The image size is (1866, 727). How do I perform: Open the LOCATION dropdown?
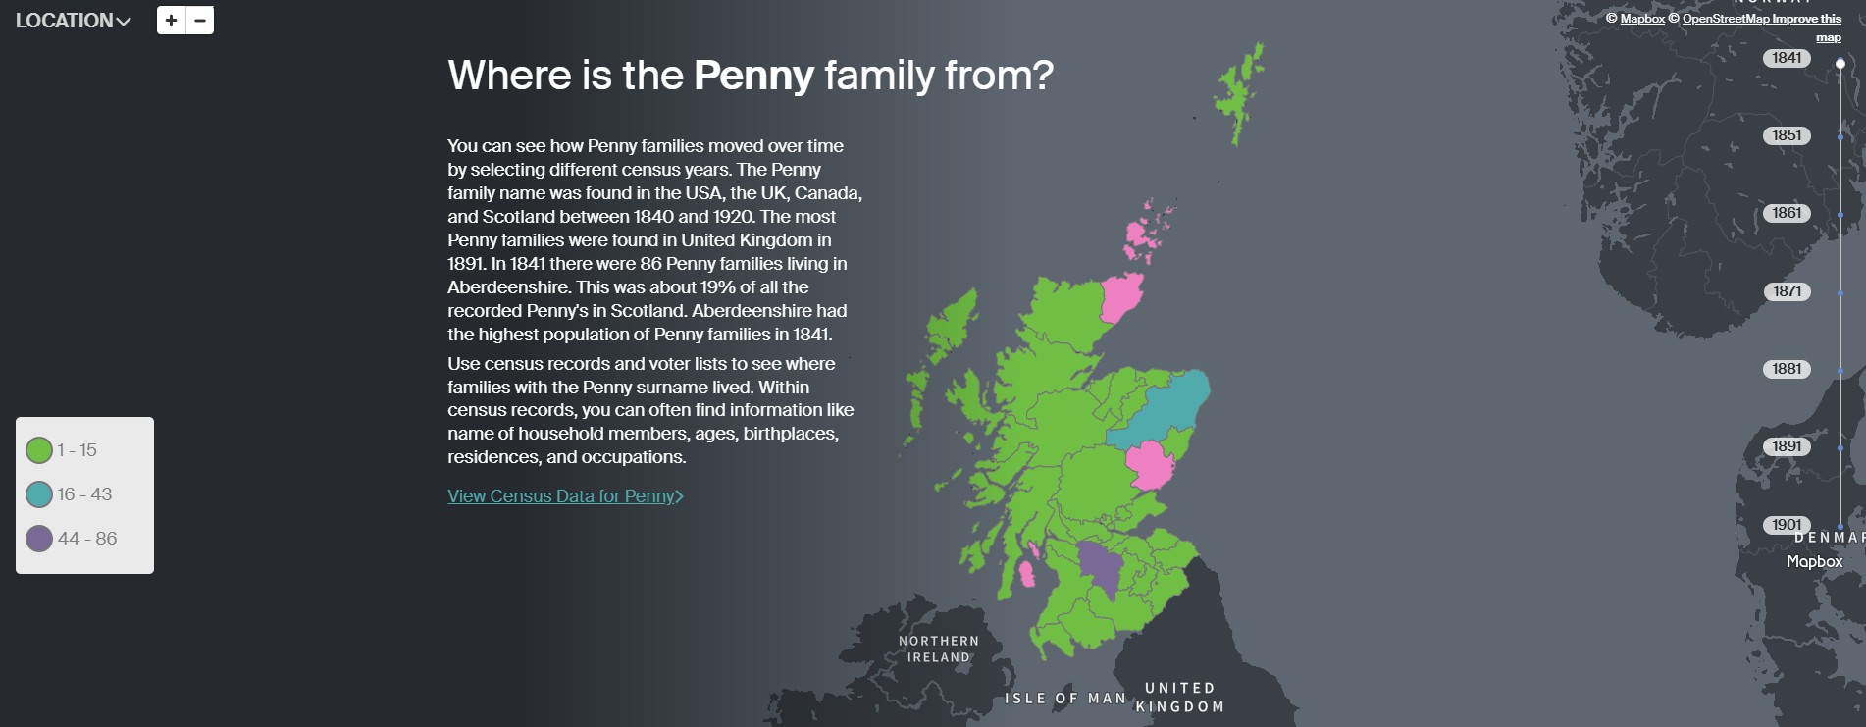coord(73,21)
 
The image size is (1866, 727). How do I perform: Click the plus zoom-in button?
coord(171,21)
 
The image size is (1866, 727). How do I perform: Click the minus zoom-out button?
coord(200,21)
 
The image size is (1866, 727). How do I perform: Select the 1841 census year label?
coord(1787,58)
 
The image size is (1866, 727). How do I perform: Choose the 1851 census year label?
coord(1787,135)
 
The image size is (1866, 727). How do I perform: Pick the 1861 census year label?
coord(1787,213)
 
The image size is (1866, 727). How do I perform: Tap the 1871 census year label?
coord(1787,291)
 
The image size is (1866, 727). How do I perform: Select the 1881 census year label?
coord(1787,369)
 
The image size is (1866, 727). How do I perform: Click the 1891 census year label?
coord(1787,446)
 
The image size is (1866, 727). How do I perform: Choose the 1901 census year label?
coord(1787,525)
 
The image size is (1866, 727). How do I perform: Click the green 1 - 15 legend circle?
coord(39,450)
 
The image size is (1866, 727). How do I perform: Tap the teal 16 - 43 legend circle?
coord(39,494)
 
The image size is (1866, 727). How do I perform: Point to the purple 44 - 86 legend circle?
coord(39,539)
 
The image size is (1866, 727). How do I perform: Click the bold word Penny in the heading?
coord(753,76)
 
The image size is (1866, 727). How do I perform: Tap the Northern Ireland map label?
coord(939,649)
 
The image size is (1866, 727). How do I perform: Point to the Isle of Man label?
coord(1065,699)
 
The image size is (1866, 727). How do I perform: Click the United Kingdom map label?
coord(1180,698)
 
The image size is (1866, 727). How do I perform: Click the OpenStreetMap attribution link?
coord(1726,19)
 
